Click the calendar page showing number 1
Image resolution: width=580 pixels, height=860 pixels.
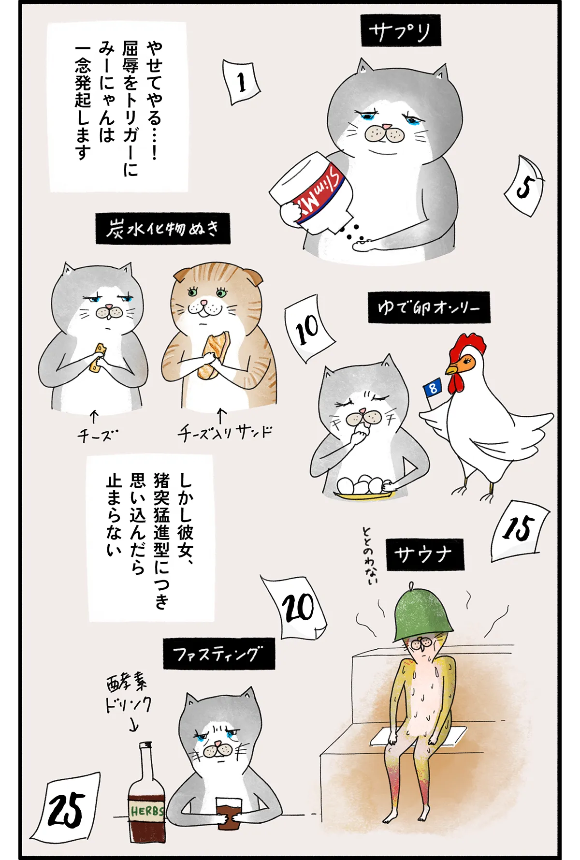coord(241,82)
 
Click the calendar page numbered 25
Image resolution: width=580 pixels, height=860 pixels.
coord(68,810)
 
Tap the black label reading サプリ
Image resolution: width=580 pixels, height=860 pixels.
coord(400,31)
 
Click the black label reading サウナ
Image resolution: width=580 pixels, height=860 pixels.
coord(424,554)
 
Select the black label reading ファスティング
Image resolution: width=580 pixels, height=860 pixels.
coord(218,654)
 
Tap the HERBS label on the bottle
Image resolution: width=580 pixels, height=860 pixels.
coord(146,811)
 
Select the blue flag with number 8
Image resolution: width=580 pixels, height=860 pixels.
coord(432,387)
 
